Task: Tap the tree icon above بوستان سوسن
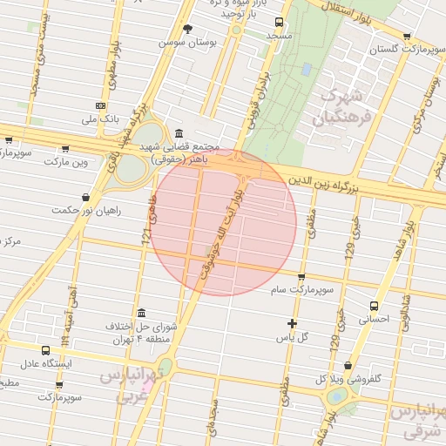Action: [187, 29]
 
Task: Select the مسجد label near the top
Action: [280, 36]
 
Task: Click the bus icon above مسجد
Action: [279, 23]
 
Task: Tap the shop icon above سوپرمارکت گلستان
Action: [407, 37]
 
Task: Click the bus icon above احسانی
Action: [375, 306]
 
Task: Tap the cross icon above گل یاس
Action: [292, 323]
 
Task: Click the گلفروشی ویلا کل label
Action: [347, 379]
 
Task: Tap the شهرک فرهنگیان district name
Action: [347, 104]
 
